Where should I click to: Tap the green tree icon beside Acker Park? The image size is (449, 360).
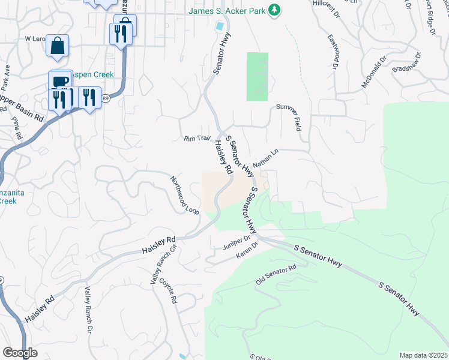pos(274,10)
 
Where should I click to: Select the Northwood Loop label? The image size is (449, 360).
pos(184,195)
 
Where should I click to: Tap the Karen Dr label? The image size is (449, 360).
pos(247,252)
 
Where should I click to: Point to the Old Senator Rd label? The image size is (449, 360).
pos(276,275)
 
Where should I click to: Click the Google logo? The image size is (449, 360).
pos(20,353)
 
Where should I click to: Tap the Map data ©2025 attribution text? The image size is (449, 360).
pos(423,355)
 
